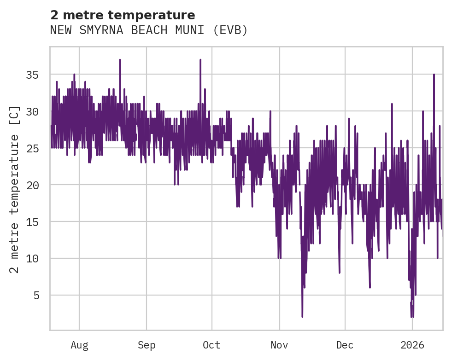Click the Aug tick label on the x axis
[x=79, y=345]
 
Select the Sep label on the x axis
[x=147, y=345]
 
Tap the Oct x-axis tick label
[x=211, y=345]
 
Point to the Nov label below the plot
[x=279, y=345]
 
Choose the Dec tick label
[x=345, y=345]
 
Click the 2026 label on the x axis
[x=412, y=345]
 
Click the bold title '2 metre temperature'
[x=123, y=15]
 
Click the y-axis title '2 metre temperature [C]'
[x=15, y=189]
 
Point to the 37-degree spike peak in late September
[x=200, y=60]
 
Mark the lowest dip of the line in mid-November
[x=302, y=317]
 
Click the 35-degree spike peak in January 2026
[x=434, y=75]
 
